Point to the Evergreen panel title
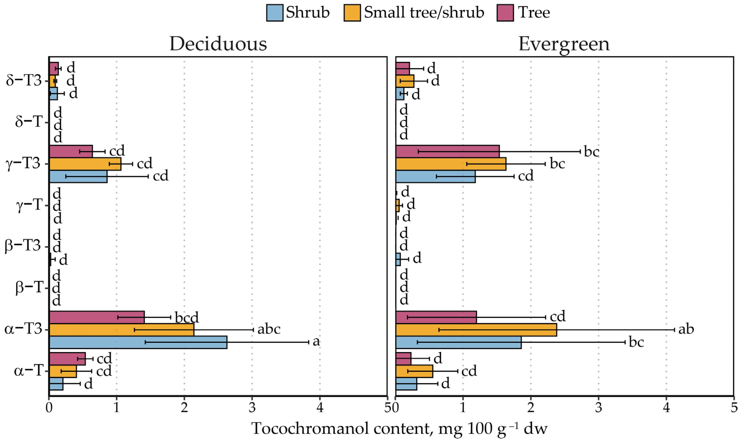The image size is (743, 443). (564, 44)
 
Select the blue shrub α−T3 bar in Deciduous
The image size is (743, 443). (138, 342)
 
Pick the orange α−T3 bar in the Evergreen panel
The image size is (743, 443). (476, 330)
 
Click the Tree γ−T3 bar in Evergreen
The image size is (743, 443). (447, 151)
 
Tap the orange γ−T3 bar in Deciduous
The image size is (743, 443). (85, 164)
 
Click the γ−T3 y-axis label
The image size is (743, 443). (23, 164)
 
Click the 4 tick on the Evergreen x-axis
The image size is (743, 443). (666, 408)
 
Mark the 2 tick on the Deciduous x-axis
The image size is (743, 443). (184, 408)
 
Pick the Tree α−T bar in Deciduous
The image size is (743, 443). (67, 359)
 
